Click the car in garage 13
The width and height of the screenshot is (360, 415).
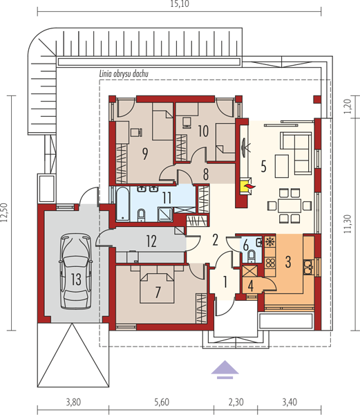coord(75,271)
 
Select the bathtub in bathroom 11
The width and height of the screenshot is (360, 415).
coord(123,203)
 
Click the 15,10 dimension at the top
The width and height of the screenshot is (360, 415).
coord(180,4)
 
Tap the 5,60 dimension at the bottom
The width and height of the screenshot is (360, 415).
coord(162,403)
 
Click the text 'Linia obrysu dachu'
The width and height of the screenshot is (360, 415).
coord(124,74)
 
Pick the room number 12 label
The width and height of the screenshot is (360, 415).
coord(151,241)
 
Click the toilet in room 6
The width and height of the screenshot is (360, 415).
coord(252,256)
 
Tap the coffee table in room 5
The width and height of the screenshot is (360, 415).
coord(281,166)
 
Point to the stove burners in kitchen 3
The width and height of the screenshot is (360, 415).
coord(270,263)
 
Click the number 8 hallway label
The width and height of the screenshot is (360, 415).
coord(206,174)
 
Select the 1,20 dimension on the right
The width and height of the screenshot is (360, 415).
coord(348,107)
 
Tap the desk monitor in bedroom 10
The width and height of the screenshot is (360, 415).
coord(187,123)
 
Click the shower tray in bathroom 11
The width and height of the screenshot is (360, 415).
coord(165,214)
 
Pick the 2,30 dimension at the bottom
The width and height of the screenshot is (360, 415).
coord(236,403)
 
